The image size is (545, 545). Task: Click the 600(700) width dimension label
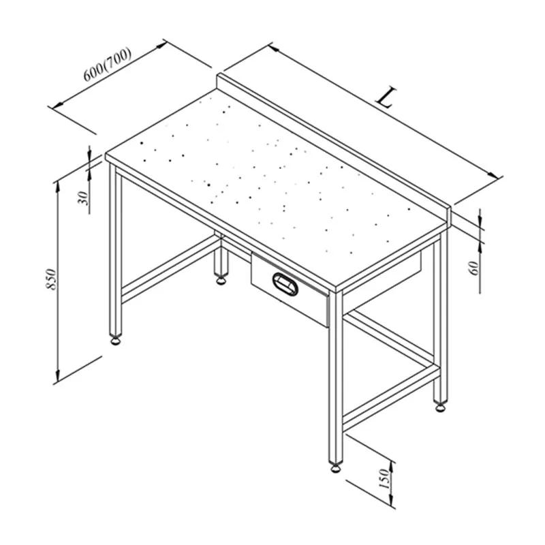(108, 64)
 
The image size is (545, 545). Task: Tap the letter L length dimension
(386, 97)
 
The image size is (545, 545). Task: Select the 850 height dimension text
(50, 279)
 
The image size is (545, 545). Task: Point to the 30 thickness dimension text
(83, 198)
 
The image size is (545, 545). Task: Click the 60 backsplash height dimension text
(474, 268)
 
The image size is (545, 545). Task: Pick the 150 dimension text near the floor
(384, 478)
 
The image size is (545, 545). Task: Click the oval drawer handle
(285, 284)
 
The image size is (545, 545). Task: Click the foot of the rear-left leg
(220, 280)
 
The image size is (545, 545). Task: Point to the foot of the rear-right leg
(440, 407)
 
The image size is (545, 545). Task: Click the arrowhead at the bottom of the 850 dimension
(58, 376)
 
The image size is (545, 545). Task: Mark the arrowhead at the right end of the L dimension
(493, 175)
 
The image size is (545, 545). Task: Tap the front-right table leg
(335, 377)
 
